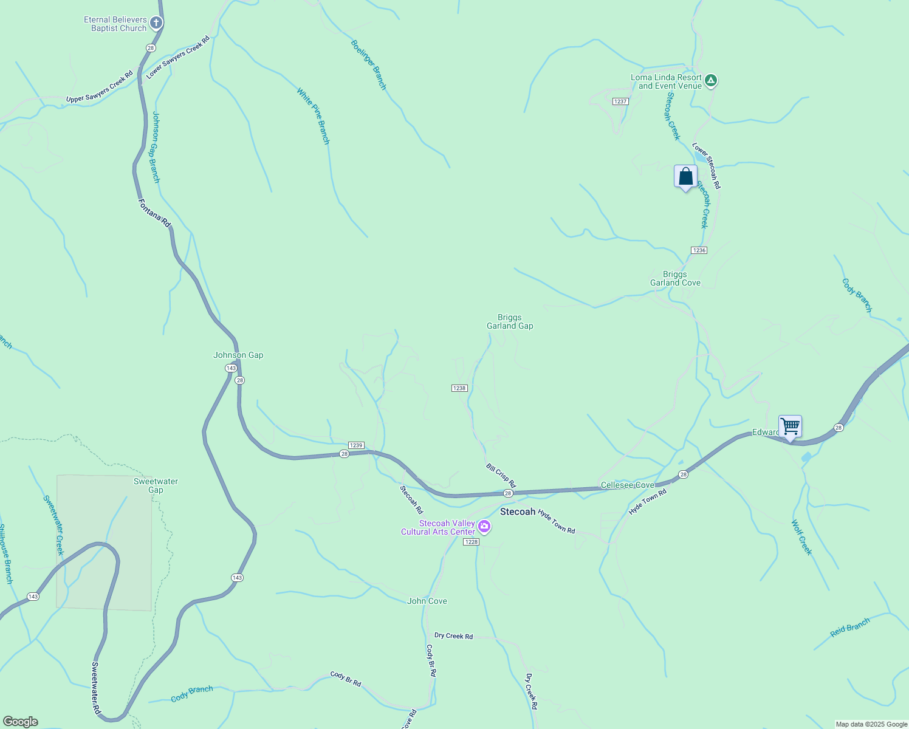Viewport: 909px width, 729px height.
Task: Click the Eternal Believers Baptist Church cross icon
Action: (156, 24)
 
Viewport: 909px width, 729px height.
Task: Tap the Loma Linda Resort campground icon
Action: (711, 80)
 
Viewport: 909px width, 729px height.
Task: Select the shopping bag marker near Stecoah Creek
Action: (685, 177)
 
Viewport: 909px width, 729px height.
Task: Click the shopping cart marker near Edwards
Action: (790, 426)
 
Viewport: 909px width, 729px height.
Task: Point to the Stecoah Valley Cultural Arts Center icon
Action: (484, 526)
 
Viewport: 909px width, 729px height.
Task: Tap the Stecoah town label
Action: (518, 512)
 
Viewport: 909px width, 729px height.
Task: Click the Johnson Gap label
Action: (238, 355)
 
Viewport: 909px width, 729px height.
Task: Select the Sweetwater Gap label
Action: (156, 485)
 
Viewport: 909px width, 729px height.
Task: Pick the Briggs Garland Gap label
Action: (510, 321)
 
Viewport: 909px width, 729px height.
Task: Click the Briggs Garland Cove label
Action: (675, 278)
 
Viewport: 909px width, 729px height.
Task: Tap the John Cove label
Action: (427, 601)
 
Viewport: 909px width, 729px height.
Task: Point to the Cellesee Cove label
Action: (627, 485)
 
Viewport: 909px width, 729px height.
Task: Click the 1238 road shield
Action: (459, 388)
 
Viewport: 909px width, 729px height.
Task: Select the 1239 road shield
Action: (356, 445)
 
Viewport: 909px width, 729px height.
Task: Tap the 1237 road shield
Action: (620, 101)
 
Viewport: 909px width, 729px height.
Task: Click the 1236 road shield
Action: (699, 250)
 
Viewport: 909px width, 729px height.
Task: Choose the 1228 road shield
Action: (471, 542)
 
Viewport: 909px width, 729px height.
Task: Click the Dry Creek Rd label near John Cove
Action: (453, 636)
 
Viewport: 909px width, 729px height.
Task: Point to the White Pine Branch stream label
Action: (313, 116)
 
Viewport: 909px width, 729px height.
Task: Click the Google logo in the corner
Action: (20, 722)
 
